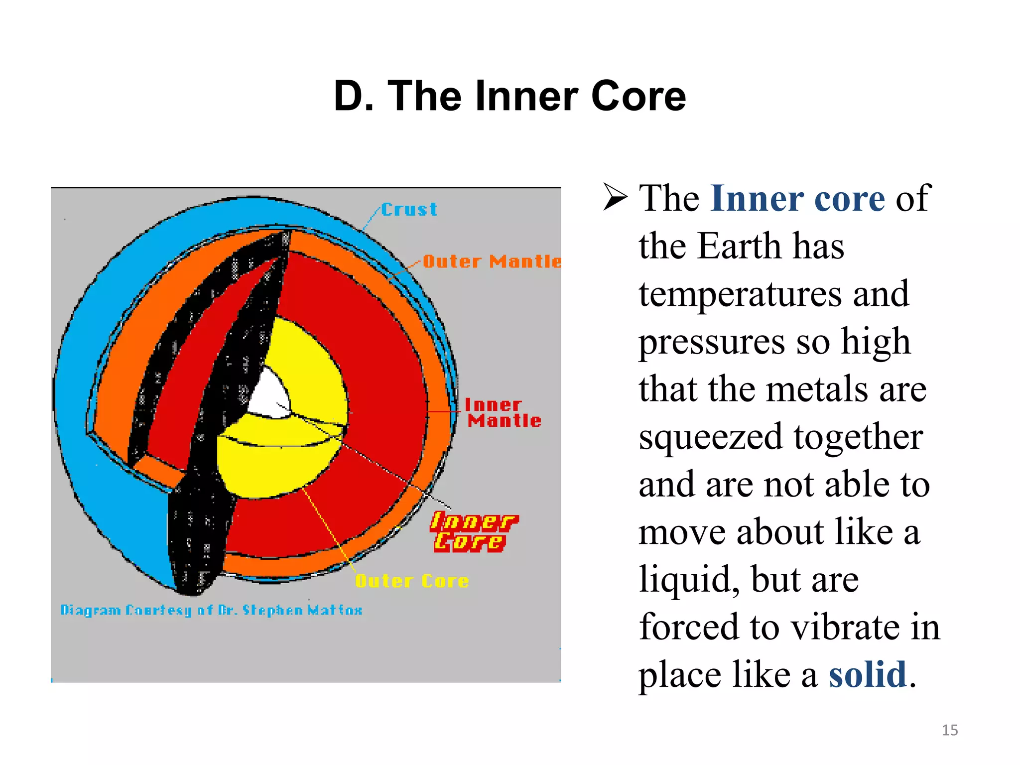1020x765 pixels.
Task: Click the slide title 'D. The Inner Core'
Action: coord(510,96)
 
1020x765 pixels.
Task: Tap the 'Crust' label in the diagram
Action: coord(409,210)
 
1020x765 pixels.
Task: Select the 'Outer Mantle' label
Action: coord(492,261)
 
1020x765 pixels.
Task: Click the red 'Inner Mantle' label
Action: coord(503,413)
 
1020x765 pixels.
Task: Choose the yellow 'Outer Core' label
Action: coord(412,581)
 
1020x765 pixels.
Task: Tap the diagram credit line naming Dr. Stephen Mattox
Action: coord(211,610)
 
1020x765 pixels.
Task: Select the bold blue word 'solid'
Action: coord(867,675)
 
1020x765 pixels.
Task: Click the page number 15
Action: coord(950,730)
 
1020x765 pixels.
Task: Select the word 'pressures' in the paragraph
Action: coord(712,343)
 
